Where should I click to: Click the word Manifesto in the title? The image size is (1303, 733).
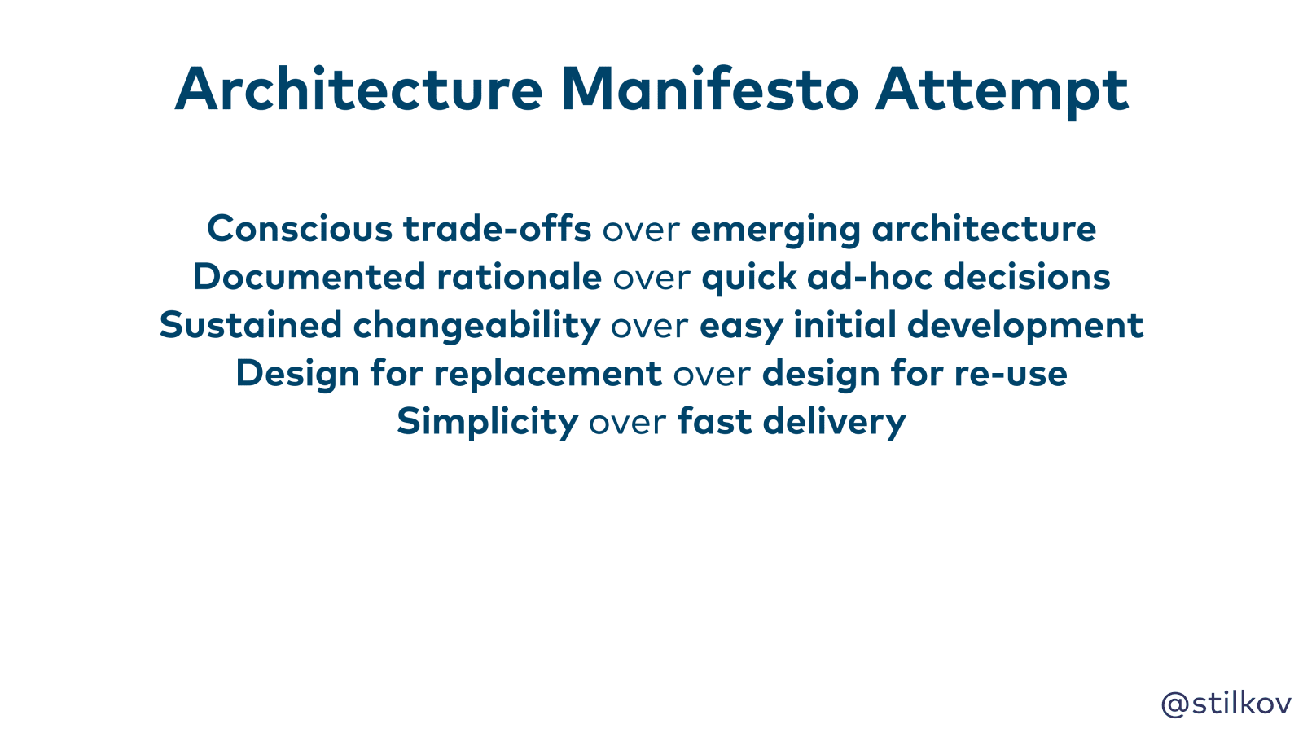(709, 90)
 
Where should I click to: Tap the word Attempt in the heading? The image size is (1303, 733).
(1002, 92)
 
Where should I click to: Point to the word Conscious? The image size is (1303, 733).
(301, 228)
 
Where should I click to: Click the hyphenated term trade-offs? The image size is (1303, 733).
(498, 228)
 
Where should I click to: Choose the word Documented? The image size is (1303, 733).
(309, 276)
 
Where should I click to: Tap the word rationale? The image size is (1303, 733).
(519, 276)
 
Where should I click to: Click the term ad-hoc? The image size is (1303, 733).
(871, 276)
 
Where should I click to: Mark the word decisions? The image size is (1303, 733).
(1027, 276)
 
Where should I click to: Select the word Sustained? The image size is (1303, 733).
(251, 325)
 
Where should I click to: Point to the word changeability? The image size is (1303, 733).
(476, 327)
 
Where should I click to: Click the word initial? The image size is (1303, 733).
(845, 325)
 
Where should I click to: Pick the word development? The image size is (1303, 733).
(1025, 327)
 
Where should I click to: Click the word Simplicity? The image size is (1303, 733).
(488, 424)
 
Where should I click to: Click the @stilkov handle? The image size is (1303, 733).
(1226, 704)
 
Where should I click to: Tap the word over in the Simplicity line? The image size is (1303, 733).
(628, 424)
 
